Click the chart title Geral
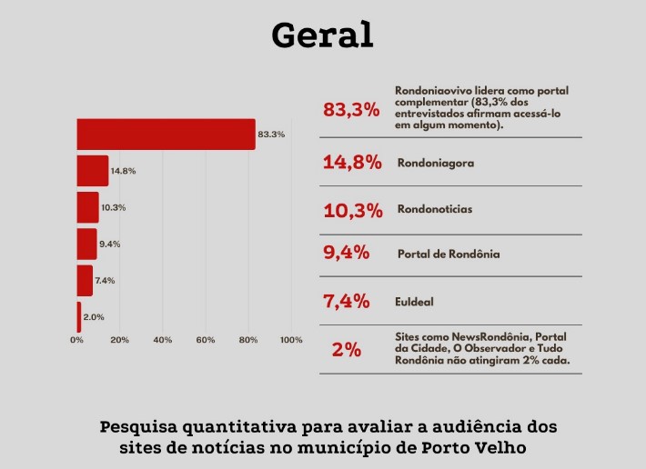[x=322, y=35]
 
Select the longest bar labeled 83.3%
[x=166, y=135]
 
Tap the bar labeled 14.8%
[x=92, y=171]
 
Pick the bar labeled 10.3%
[x=87, y=207]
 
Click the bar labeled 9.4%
[x=86, y=244]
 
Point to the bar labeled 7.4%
[x=85, y=280]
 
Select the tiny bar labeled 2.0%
[x=79, y=316]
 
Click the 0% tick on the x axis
[x=76, y=340]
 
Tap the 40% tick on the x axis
[x=163, y=340]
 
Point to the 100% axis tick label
[x=291, y=340]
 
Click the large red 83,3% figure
[x=350, y=110]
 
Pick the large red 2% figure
[x=347, y=349]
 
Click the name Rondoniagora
[x=436, y=164]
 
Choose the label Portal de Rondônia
[x=449, y=254]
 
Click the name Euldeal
[x=414, y=300]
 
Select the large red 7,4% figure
[x=347, y=301]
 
